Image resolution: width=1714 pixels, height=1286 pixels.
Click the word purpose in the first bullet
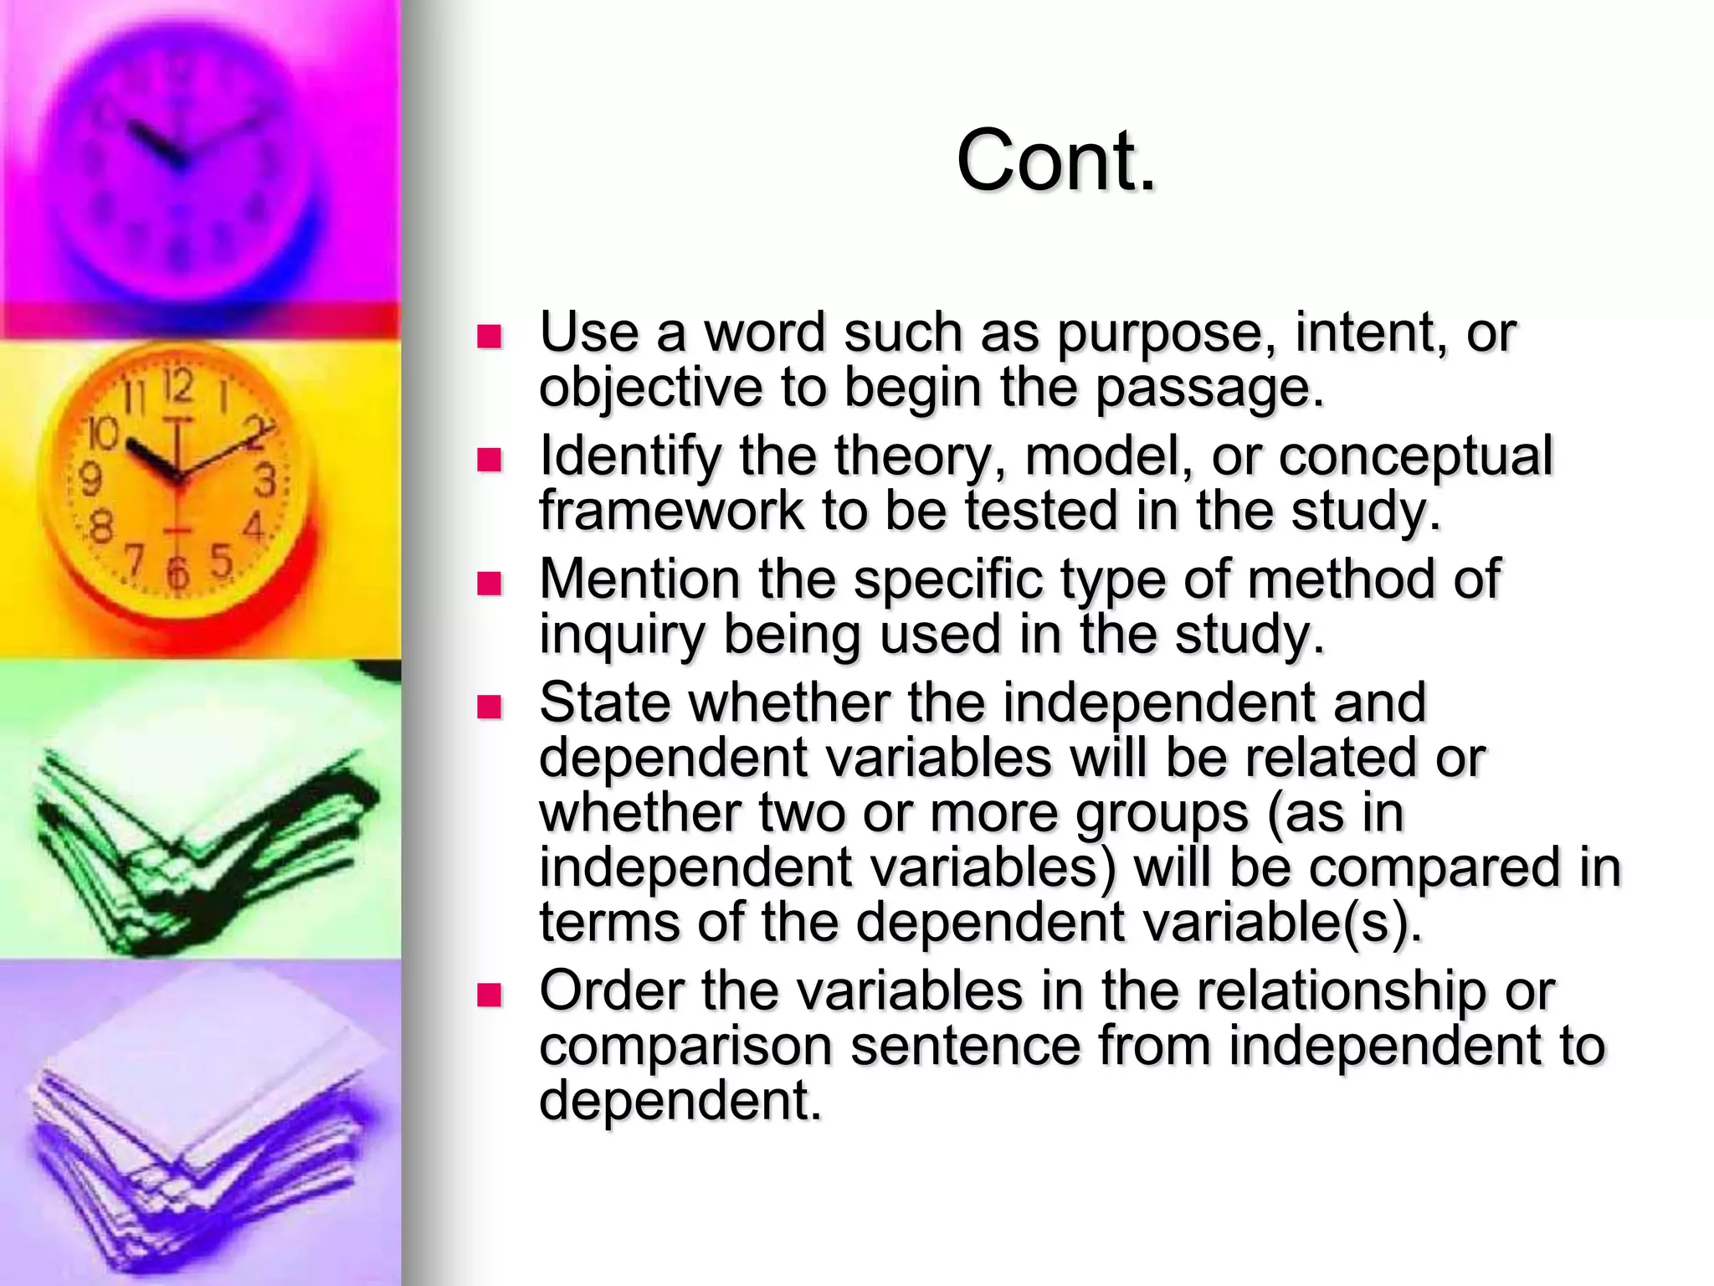pos(1159,333)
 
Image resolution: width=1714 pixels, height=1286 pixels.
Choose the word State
pos(604,702)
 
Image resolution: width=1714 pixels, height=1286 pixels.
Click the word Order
pos(611,991)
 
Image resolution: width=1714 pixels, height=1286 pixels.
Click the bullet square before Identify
pos(488,460)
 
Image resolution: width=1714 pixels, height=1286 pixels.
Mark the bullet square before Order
pos(488,995)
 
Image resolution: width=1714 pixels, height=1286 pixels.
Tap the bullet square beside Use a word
pos(488,337)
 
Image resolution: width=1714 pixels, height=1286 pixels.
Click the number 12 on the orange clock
pos(177,387)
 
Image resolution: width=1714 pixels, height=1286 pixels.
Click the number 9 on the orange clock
pos(90,480)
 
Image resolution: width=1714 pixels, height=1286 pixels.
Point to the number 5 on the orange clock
pos(221,560)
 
